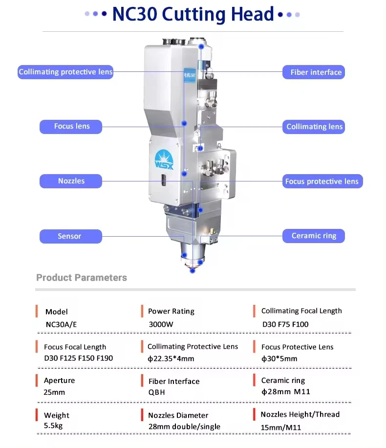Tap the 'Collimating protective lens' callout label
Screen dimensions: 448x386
[65, 72]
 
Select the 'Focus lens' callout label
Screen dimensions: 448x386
[71, 126]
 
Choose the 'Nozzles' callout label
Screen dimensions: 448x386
[71, 181]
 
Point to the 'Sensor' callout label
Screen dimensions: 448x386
[70, 236]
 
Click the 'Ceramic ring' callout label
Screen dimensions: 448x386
[314, 236]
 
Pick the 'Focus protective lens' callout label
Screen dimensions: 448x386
[322, 181]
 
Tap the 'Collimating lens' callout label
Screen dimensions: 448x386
[314, 127]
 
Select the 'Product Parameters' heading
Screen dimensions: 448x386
[82, 278]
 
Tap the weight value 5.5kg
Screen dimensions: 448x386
[53, 426]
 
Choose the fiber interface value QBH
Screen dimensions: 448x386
[157, 392]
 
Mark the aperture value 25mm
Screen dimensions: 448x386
[54, 392]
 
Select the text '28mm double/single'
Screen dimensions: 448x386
[184, 426]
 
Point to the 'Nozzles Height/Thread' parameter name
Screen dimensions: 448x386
[300, 414]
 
